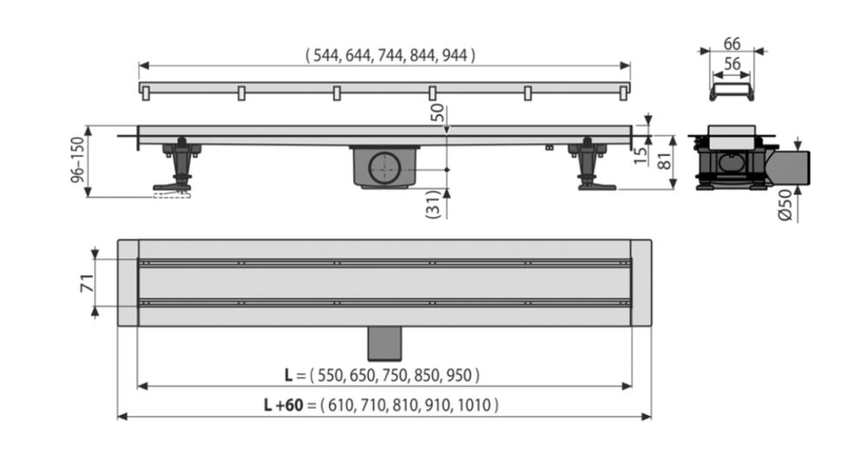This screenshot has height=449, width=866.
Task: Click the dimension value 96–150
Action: pos(78,159)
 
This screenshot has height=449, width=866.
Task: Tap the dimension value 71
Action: pos(87,283)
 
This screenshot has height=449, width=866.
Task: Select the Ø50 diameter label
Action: pos(785,205)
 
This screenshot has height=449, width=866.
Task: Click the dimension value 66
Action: pos(732,43)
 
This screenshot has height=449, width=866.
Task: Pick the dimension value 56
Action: pos(732,64)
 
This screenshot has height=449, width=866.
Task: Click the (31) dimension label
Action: pos(434,204)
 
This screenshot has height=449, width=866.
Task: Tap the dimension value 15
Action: pos(640,155)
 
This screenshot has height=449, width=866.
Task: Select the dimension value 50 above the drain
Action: pos(436,113)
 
